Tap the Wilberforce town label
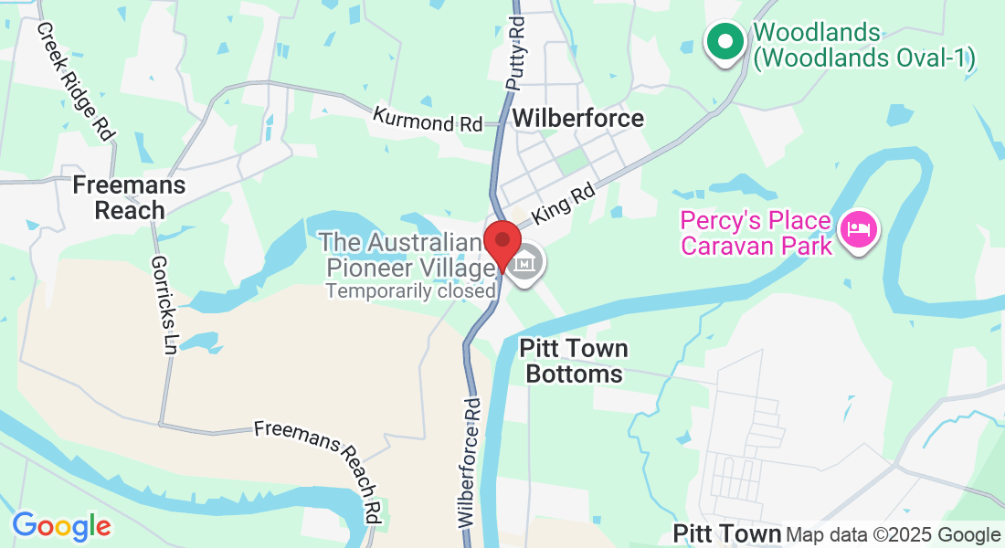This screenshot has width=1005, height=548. click(577, 118)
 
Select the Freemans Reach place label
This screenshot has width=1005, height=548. click(129, 197)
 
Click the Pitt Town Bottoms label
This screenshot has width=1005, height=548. click(575, 361)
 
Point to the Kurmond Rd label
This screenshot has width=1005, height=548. click(428, 120)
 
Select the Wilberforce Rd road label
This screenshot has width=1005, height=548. click(470, 462)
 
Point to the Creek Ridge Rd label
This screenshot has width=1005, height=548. click(76, 80)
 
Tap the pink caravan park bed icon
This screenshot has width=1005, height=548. click(859, 228)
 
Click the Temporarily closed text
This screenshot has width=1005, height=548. click(411, 290)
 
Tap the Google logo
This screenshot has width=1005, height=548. click(61, 526)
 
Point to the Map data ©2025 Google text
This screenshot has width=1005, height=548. click(893, 535)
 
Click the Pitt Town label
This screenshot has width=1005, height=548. click(726, 532)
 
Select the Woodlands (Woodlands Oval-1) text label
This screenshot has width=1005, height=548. click(863, 46)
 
